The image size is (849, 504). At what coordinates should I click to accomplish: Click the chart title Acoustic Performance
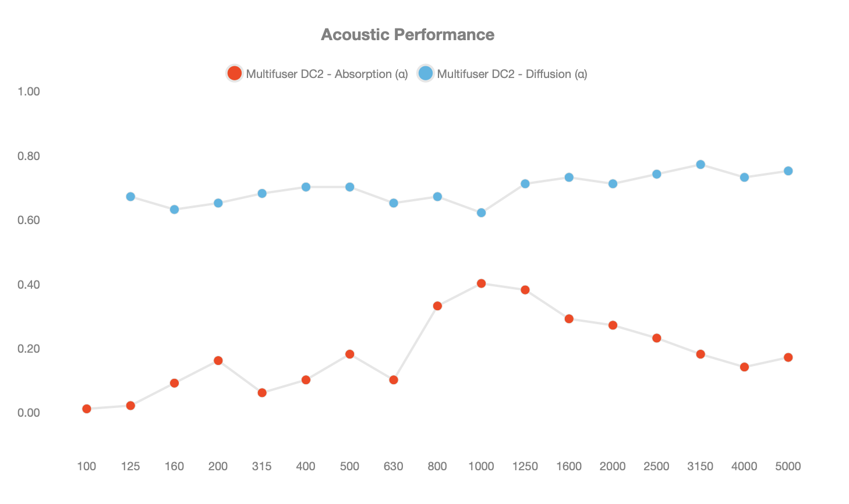pos(408,35)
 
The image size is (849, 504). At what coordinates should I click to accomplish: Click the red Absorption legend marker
pos(235,73)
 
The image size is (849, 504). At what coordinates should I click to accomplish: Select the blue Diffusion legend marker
pos(426,73)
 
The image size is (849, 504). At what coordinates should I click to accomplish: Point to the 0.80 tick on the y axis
pos(29,156)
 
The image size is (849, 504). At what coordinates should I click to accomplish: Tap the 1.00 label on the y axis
pos(29,91)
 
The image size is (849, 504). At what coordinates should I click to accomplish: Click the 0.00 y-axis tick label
pos(29,413)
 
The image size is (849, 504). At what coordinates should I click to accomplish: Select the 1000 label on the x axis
pos(481,466)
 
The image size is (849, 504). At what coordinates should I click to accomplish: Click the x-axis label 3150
pos(700,466)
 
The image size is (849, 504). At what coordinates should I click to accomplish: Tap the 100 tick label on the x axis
pos(86,466)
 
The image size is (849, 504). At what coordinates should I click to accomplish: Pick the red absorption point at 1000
pos(481,283)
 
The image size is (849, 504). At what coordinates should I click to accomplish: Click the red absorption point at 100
pos(87,409)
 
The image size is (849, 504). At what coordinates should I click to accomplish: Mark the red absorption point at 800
pos(437,306)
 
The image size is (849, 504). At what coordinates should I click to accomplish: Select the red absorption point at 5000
pos(788,357)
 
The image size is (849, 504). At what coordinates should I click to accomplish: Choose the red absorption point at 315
pos(262,393)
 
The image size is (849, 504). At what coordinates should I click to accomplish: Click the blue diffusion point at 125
pos(130,197)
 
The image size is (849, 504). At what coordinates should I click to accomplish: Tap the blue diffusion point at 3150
pos(701,165)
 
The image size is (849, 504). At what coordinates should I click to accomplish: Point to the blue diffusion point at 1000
pos(481,213)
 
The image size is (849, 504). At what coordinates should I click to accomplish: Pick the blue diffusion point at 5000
pos(788,171)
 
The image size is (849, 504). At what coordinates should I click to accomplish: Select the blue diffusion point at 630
pos(394,203)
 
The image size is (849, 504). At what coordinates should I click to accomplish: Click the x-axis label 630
pos(393,466)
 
